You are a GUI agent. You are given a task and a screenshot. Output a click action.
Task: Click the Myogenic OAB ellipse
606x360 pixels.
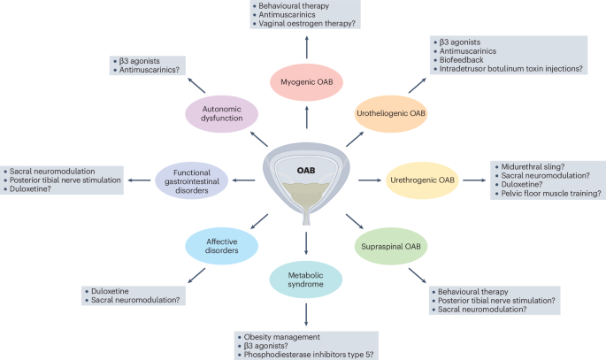305,82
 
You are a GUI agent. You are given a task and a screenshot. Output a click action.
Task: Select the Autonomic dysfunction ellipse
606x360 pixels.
222,114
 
